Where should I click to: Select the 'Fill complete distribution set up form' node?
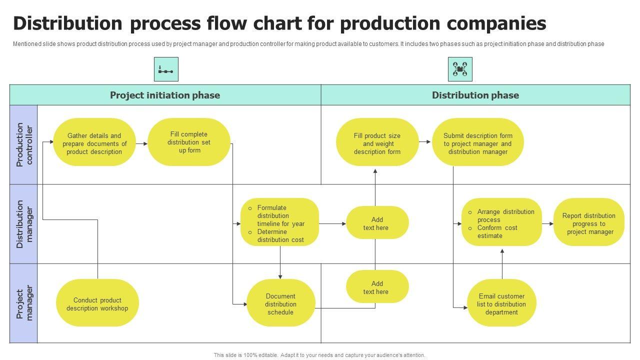tap(189, 142)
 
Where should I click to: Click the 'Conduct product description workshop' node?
tap(97, 304)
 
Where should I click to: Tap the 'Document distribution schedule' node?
tap(280, 304)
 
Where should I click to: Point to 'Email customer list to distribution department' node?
tap(501, 304)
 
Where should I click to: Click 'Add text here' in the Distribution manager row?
tap(377, 223)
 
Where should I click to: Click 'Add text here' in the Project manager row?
tap(377, 287)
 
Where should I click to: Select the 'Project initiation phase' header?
tap(165, 95)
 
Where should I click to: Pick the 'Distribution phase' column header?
tap(475, 95)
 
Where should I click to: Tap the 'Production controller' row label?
tap(23, 144)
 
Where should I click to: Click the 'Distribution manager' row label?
tap(23, 224)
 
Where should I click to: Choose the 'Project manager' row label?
tap(23, 303)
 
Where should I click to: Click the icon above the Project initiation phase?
tap(166, 69)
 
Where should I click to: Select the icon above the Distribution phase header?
tap(460, 69)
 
